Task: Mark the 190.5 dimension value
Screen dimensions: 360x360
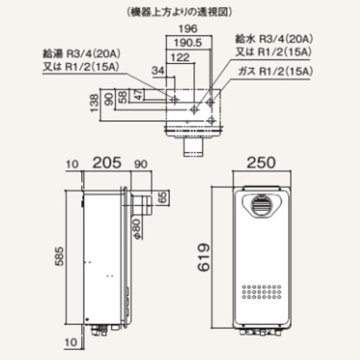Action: pos(188,42)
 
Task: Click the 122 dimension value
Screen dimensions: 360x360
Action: pos(180,58)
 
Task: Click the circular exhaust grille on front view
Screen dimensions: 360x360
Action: pos(260,205)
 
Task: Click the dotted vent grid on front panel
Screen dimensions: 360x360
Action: pos(260,291)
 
